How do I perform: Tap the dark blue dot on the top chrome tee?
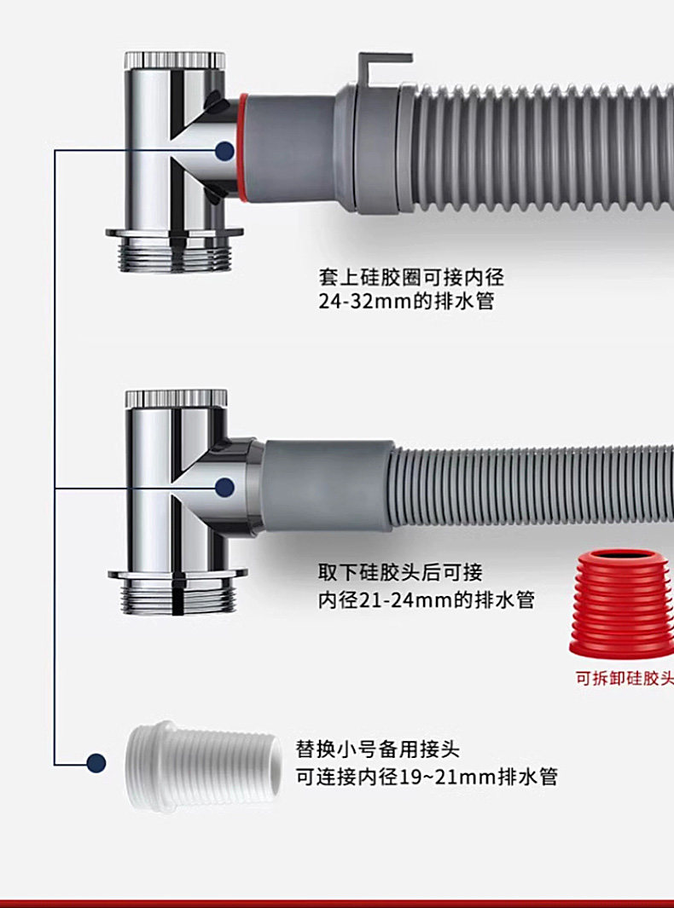[224, 152]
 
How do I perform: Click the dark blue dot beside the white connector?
[96, 762]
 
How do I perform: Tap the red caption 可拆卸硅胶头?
[624, 680]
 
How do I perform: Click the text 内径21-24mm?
[383, 599]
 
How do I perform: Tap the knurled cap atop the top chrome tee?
[174, 61]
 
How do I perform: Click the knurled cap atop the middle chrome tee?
[176, 398]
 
